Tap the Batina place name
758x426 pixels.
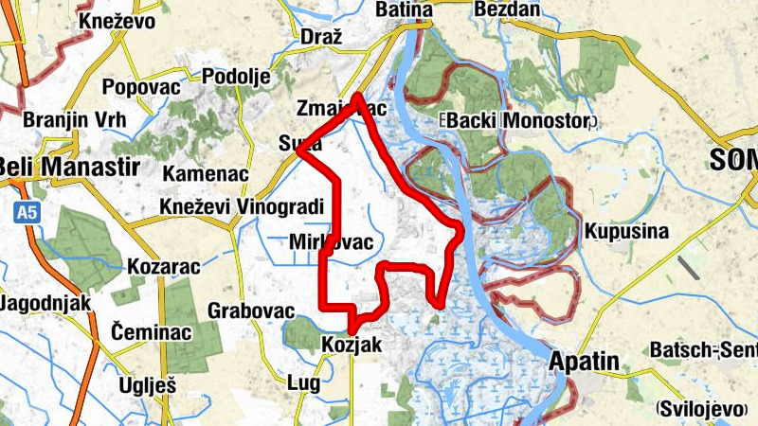pos(404,9)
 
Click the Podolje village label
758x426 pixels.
pos(237,77)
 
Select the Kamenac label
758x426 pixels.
pos(206,174)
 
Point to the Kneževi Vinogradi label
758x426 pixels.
pos(243,207)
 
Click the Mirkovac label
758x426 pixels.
pos(333,241)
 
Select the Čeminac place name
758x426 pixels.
pos(152,332)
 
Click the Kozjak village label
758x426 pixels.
pos(352,346)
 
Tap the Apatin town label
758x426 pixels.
pos(584,361)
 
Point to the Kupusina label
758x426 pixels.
pos(627,231)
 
